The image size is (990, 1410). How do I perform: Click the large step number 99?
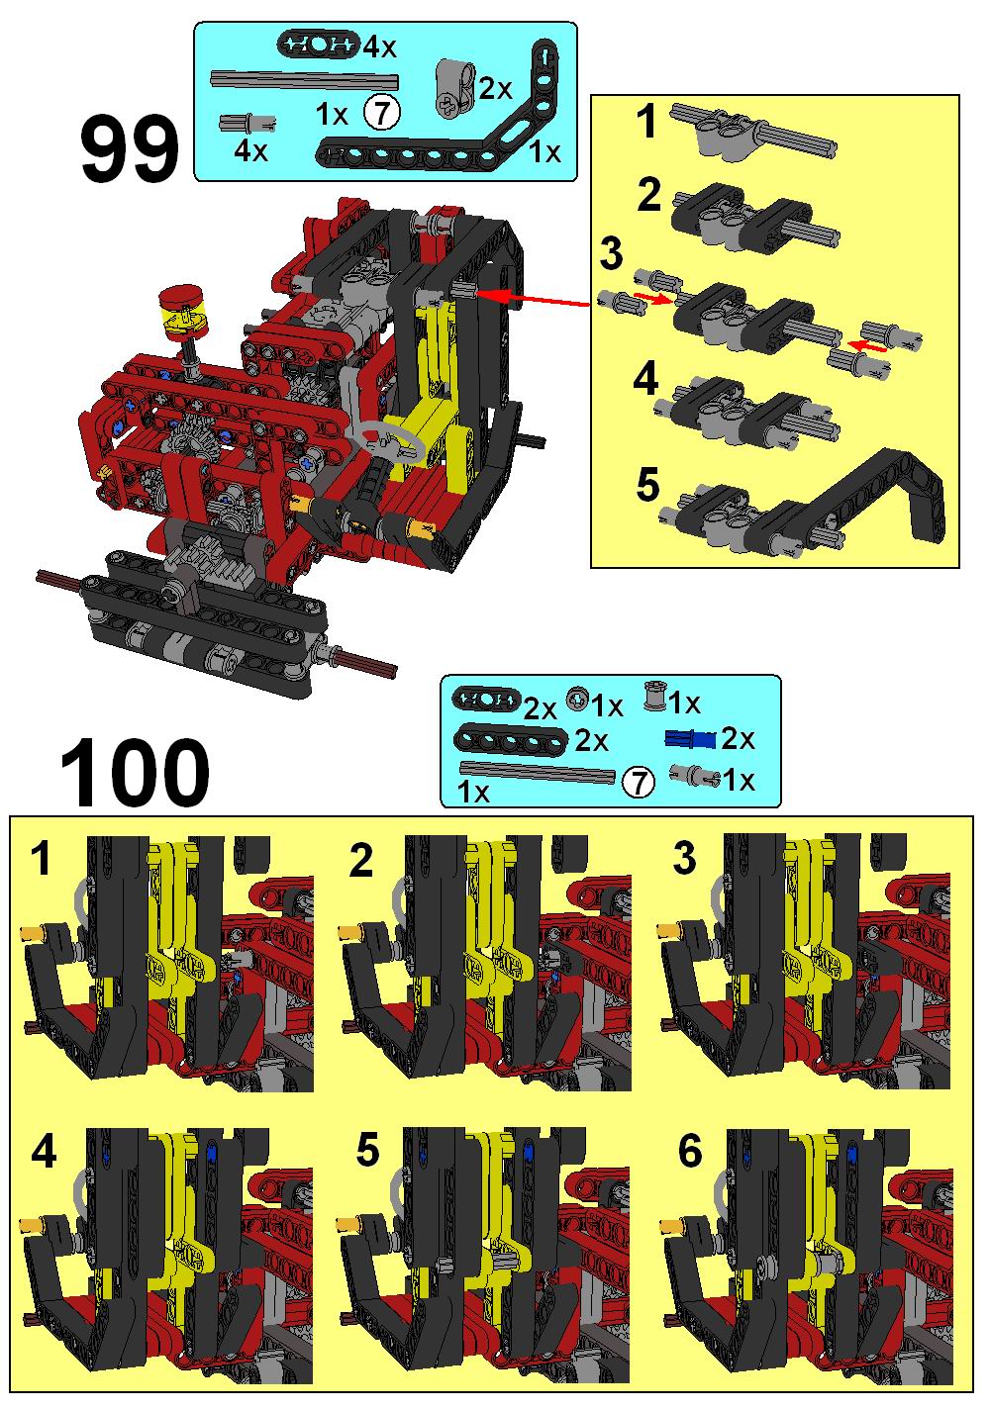point(130,149)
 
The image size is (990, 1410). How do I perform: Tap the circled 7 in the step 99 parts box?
point(381,112)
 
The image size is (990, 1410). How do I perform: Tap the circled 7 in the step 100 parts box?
point(638,783)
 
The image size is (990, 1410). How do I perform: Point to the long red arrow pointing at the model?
point(533,299)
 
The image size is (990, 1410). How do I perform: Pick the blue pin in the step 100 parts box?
point(691,738)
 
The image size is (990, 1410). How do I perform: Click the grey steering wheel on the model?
point(390,438)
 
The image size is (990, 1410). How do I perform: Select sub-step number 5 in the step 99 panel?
point(647,485)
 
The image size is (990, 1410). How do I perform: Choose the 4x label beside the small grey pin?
point(250,151)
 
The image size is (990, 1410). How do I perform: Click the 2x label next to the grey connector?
point(495,89)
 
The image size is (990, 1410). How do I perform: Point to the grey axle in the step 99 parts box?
point(305,80)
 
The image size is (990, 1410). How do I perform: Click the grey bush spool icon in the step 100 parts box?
point(654,697)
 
